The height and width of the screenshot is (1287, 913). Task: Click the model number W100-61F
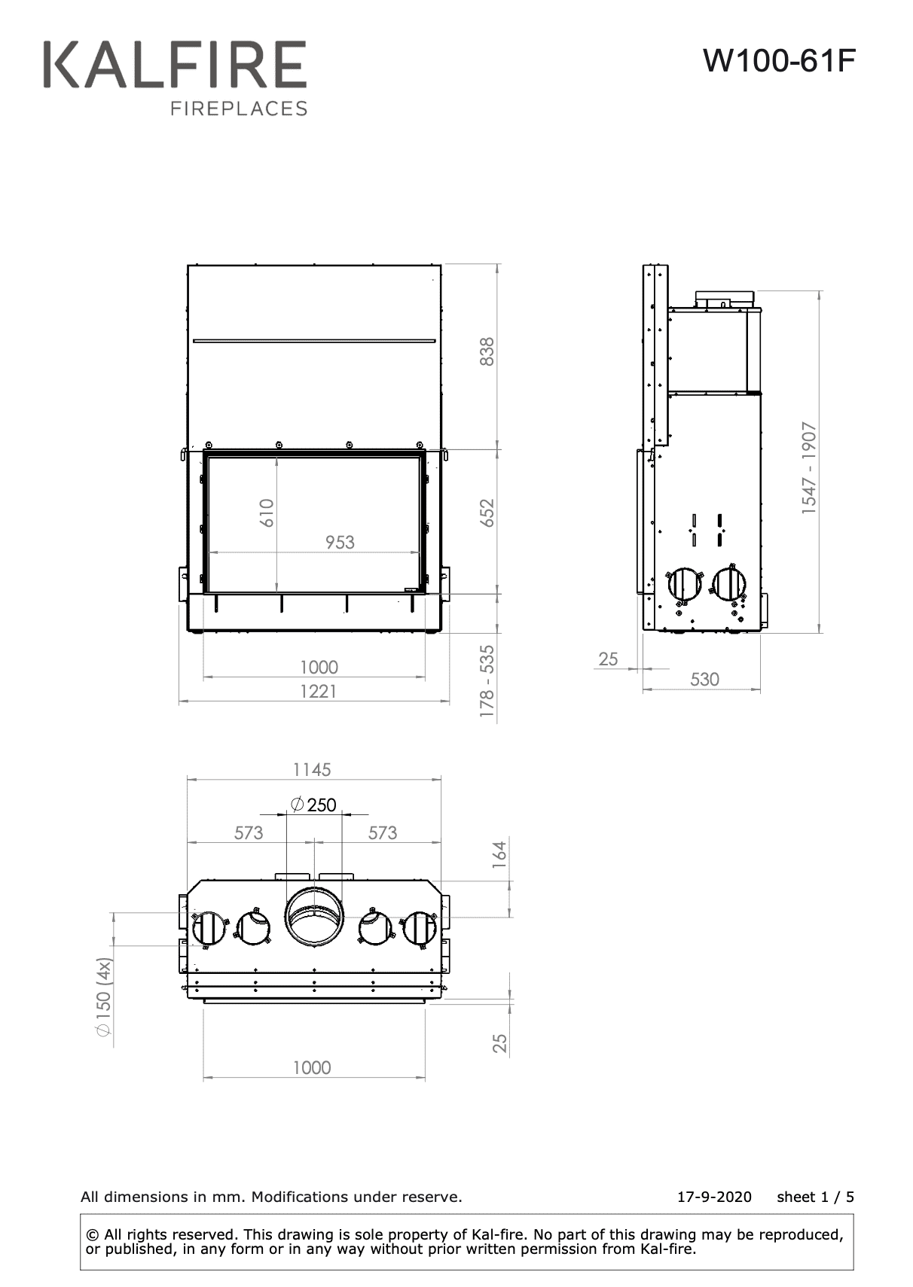779,61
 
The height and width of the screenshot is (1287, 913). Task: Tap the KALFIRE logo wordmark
176,65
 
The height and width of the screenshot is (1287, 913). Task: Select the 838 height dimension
487,351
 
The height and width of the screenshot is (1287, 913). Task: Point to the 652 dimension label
487,513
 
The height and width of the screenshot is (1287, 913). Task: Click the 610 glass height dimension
267,513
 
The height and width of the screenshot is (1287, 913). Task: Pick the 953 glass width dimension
340,543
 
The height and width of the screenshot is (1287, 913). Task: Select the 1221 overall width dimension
319,691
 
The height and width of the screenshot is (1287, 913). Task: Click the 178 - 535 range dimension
487,681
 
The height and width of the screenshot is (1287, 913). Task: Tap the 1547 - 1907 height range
809,467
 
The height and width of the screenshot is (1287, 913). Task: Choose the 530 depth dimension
704,680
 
